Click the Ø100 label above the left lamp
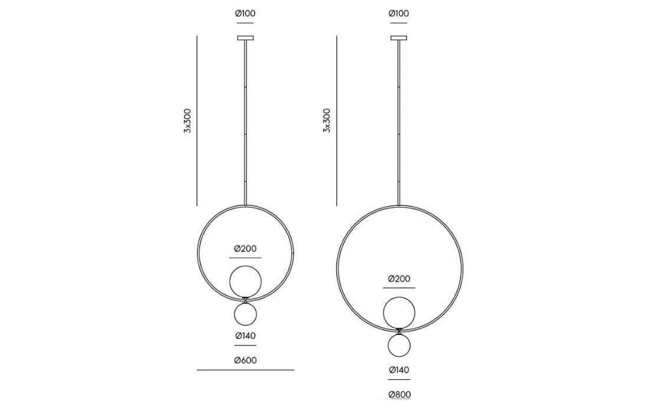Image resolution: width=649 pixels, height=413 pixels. [245, 13]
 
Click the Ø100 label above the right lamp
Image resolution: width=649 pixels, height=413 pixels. [399, 13]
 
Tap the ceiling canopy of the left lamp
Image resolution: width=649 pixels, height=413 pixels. [245, 38]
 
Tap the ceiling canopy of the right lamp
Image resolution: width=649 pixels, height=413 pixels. [399, 38]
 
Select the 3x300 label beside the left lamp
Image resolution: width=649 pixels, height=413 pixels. [188, 120]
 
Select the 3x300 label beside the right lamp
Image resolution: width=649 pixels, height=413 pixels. [327, 120]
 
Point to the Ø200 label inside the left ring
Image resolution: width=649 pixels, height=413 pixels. [245, 249]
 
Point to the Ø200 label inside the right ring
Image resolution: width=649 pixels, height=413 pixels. [399, 279]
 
